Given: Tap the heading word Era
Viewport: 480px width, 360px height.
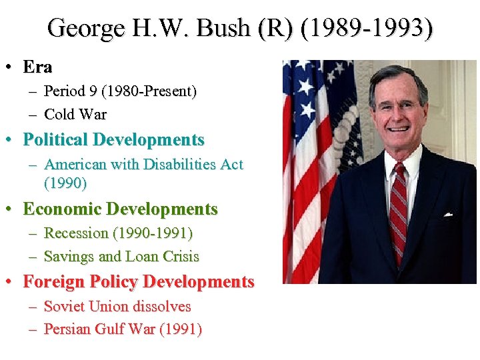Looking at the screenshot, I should coord(37,67).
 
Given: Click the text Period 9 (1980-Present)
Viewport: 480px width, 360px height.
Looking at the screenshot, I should coord(120,91).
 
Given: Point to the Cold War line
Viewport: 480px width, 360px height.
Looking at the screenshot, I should coord(75,114).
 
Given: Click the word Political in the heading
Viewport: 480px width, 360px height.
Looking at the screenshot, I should coord(56,140).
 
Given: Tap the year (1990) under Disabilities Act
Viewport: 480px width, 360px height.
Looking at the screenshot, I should coord(65,182).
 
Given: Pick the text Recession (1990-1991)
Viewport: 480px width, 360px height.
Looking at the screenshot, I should coord(118,233).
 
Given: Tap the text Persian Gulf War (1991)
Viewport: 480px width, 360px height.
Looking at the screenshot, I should coord(123,329).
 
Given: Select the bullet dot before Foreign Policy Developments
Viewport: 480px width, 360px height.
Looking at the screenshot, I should coord(10,282).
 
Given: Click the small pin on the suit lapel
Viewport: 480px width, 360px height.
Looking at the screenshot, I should coord(449,214).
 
